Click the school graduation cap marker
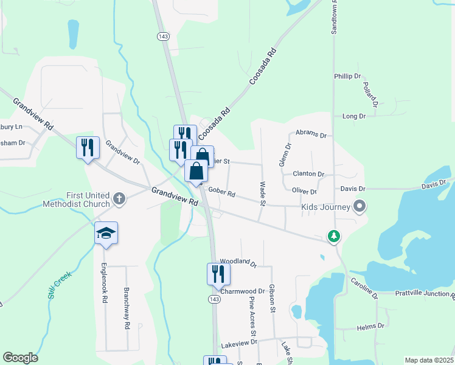tap(106, 234)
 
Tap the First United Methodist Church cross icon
tap(119, 198)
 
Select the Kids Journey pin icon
tap(359, 207)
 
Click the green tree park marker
tap(333, 235)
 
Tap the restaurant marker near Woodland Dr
tap(218, 274)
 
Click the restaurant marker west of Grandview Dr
tap(88, 148)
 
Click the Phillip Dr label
tap(347, 76)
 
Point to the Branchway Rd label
tap(127, 308)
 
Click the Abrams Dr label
tap(311, 134)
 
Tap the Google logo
tap(20, 358)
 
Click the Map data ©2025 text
tap(429, 360)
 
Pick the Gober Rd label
tap(221, 193)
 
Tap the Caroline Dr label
tap(364, 288)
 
